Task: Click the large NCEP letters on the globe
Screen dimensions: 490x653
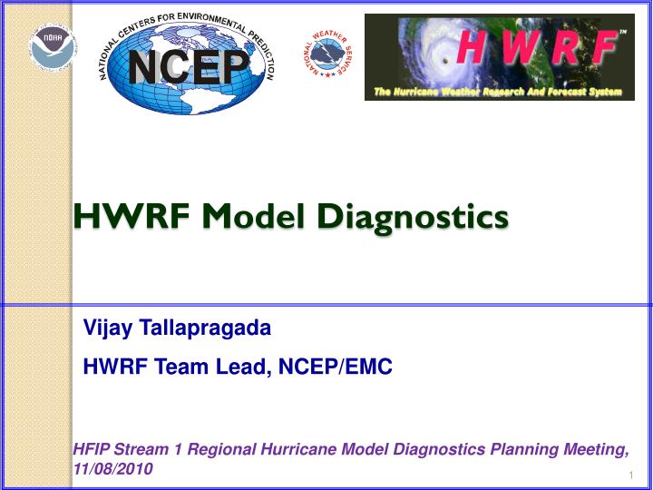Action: pyautogui.click(x=189, y=65)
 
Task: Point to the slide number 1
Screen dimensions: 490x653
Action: pyautogui.click(x=629, y=476)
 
